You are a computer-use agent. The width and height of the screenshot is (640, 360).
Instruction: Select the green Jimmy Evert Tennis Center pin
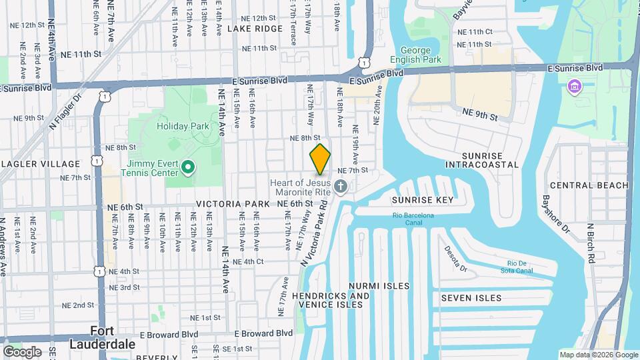click(x=188, y=167)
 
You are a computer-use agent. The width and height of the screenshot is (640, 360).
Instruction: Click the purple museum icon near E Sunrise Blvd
click(x=574, y=86)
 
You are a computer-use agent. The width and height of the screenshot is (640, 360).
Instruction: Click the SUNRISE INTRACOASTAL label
click(x=481, y=159)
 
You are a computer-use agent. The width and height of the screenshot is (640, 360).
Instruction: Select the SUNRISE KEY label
click(x=423, y=200)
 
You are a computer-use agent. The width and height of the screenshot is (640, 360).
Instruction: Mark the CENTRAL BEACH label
click(x=589, y=185)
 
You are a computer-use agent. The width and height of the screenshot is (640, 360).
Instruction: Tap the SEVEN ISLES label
click(x=471, y=298)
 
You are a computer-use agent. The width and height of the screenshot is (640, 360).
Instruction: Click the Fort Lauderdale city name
click(x=103, y=338)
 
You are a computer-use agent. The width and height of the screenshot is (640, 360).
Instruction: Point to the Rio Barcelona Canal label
click(x=413, y=219)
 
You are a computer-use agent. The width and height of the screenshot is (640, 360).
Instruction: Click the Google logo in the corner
click(x=22, y=351)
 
